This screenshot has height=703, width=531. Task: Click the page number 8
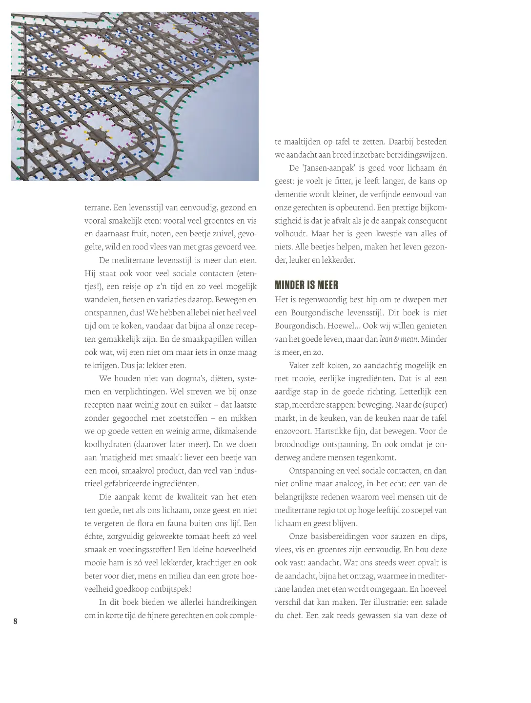point(16,621)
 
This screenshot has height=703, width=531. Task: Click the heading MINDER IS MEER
point(306,285)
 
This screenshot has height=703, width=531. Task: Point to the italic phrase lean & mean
point(398,339)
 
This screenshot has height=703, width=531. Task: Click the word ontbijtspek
point(167,589)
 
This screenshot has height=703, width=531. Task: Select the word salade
point(434,602)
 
